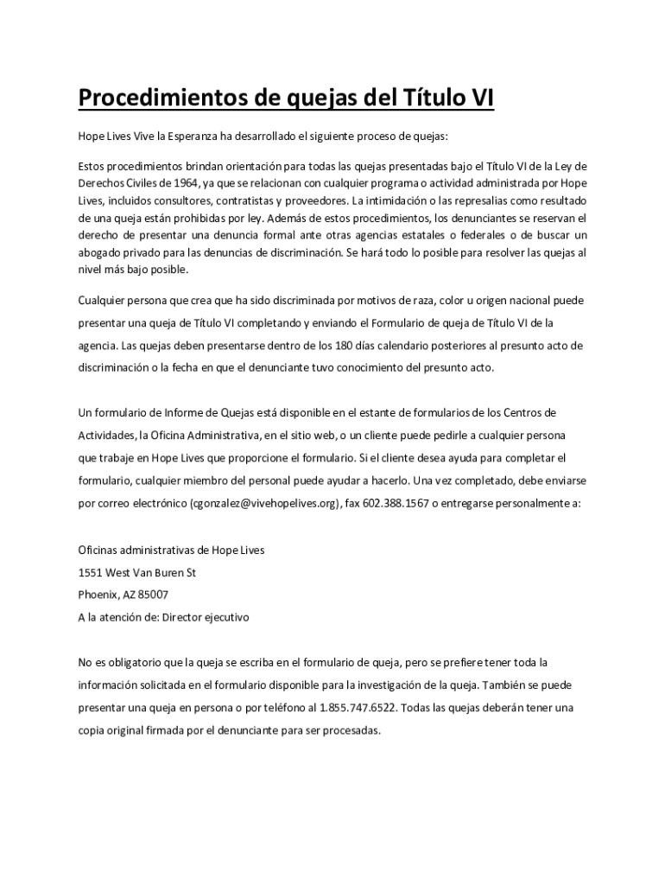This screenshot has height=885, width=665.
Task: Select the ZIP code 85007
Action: click(152, 595)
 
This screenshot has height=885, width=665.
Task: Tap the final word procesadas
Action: click(350, 730)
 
